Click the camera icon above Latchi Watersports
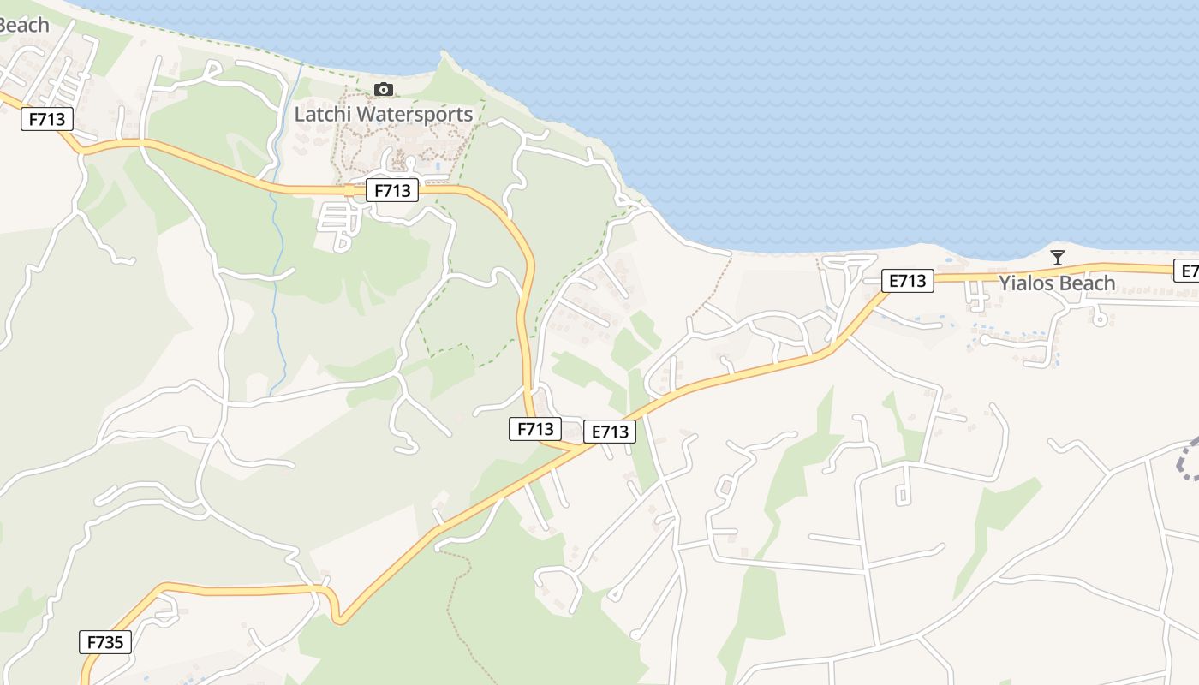384,90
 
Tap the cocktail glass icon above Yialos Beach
1058,257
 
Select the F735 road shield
106,641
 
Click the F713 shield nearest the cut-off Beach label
47,119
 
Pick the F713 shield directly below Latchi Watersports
392,190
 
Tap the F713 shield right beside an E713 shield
535,428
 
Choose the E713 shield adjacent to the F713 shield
611,432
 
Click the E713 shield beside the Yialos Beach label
907,280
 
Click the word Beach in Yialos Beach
1087,283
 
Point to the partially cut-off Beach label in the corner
23,25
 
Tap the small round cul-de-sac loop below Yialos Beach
1101,319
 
